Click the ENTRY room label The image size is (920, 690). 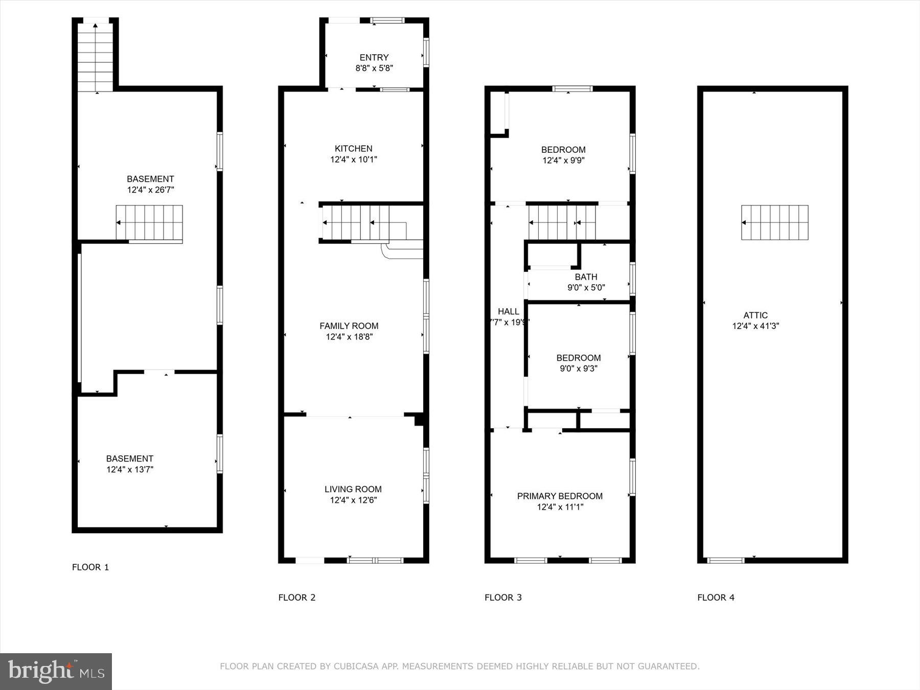tap(374, 57)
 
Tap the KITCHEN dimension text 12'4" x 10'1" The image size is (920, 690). tap(353, 159)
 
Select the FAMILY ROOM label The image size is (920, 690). tap(349, 326)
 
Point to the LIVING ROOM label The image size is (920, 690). tap(353, 489)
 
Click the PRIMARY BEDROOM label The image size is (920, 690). tap(560, 496)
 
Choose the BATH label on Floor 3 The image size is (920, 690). tap(586, 277)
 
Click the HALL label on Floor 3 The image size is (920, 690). tap(508, 311)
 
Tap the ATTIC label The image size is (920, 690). tap(755, 315)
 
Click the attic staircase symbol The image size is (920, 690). tap(775, 222)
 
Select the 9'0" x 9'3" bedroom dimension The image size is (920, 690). tap(579, 369)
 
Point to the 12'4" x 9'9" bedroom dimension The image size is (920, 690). tap(563, 160)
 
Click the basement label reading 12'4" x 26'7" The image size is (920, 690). tap(150, 190)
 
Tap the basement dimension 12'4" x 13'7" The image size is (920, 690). tap(130, 470)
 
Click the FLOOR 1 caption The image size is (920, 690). tap(90, 567)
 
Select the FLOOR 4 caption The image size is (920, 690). tap(716, 597)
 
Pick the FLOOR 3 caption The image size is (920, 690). tap(503, 597)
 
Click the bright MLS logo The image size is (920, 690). tap(56, 671)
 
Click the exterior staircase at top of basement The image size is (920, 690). tap(96, 55)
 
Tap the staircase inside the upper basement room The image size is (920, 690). tap(149, 222)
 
